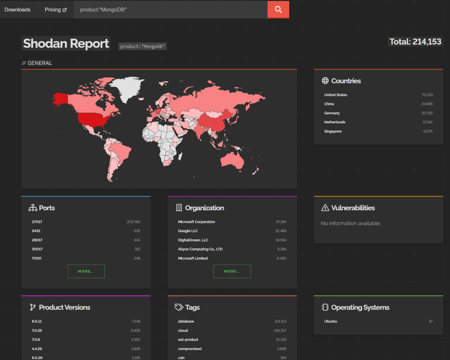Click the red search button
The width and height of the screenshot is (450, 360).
[278, 9]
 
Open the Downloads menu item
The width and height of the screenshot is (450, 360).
[18, 10]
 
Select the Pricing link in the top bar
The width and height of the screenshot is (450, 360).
[55, 10]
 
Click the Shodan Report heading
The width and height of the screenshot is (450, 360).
[66, 43]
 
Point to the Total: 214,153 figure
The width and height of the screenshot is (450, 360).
[415, 42]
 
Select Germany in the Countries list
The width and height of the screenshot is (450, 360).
[332, 113]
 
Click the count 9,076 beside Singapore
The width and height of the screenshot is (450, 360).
[427, 131]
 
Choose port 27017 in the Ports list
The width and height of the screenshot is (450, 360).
[37, 222]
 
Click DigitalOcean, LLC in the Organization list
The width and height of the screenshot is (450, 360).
[193, 240]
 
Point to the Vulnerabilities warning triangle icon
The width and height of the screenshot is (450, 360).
[325, 208]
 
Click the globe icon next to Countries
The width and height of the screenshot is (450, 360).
[325, 81]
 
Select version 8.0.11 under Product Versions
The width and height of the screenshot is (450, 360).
[37, 321]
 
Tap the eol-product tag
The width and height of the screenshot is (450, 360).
[188, 339]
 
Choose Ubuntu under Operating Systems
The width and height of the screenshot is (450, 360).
[330, 321]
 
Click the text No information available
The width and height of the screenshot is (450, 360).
[351, 223]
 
